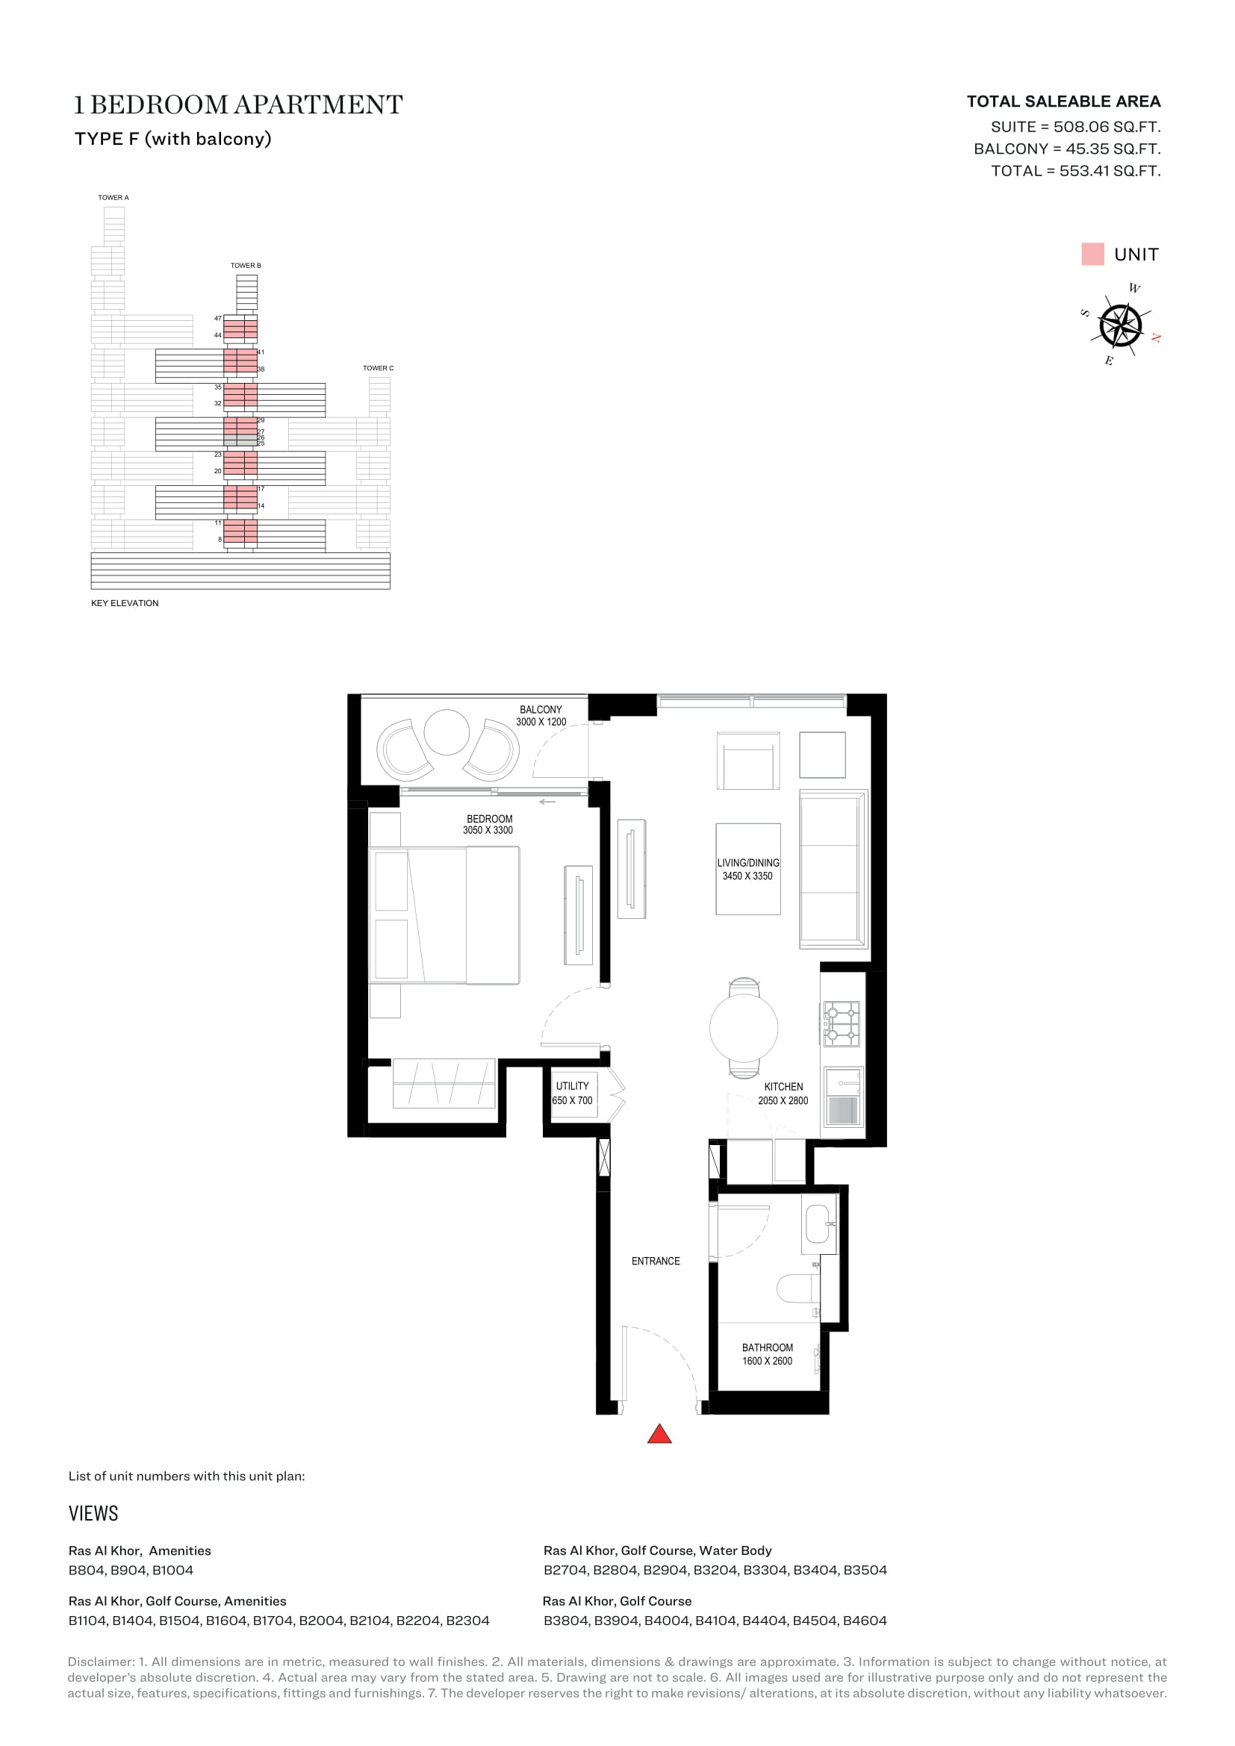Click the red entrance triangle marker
[659, 1434]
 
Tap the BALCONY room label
[541, 709]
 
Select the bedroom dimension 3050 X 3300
[488, 830]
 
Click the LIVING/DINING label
[748, 863]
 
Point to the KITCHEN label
[783, 1087]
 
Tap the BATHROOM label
[768, 1347]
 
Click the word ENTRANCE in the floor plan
[656, 1261]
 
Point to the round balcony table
[447, 732]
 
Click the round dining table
[744, 1028]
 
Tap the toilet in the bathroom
[797, 1289]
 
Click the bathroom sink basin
[818, 1223]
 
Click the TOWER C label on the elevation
[378, 368]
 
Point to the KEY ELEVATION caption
[125, 603]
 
